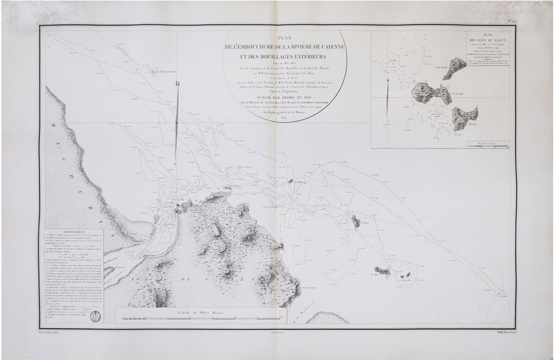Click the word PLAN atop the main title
(x=285, y=39)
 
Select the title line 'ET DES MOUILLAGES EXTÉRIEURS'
(x=285, y=60)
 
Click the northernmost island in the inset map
(x=456, y=68)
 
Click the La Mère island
(x=382, y=269)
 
